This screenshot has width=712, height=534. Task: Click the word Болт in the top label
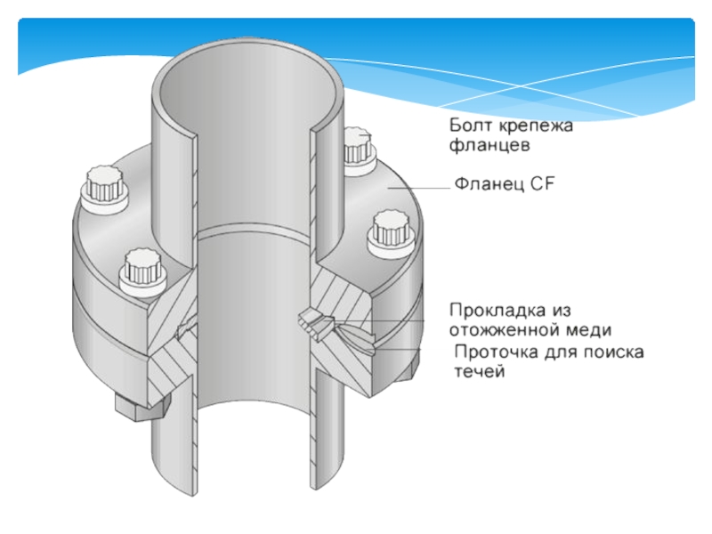(x=472, y=125)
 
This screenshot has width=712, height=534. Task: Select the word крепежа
(x=537, y=126)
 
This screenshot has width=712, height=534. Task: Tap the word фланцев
(x=489, y=146)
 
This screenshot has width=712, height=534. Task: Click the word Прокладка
(x=498, y=311)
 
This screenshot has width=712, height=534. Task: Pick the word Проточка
(x=497, y=352)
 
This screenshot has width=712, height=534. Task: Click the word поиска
(x=613, y=352)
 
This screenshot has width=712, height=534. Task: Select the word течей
(x=480, y=372)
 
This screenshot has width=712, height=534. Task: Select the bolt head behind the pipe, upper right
(x=359, y=149)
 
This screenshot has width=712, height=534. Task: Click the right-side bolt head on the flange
(x=391, y=234)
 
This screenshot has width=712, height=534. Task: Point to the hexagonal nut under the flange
(x=142, y=407)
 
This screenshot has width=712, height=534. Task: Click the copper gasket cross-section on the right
(x=317, y=321)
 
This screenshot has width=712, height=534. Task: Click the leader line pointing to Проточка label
(x=392, y=349)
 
